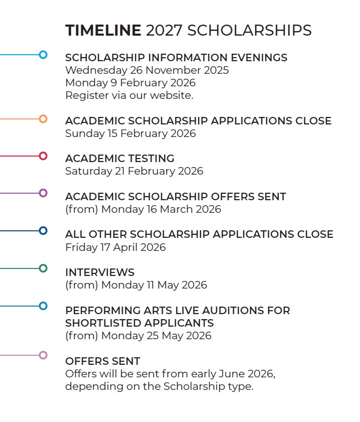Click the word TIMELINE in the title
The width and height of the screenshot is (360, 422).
coord(103,31)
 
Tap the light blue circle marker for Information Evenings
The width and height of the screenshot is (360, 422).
coord(43,55)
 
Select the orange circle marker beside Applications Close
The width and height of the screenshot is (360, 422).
coord(43,119)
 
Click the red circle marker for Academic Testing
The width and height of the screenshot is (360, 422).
coord(43,156)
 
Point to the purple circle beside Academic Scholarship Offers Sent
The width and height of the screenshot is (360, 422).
coord(43,193)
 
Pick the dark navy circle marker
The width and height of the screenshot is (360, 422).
coord(43,231)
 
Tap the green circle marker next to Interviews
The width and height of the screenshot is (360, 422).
coord(43,268)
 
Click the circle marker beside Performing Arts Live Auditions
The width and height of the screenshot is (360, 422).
coord(43,306)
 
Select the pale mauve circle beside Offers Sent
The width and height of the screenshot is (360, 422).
coord(43,355)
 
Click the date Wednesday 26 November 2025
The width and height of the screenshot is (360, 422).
coord(147,70)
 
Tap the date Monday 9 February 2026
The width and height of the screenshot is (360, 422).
coord(130,83)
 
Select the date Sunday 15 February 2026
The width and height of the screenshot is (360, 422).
coord(130,133)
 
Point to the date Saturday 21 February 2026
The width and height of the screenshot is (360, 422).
coord(134,171)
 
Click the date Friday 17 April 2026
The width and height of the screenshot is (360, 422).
coord(115,247)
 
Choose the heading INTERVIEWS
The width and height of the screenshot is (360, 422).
coord(99,272)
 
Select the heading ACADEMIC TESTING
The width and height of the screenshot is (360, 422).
coord(119,159)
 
